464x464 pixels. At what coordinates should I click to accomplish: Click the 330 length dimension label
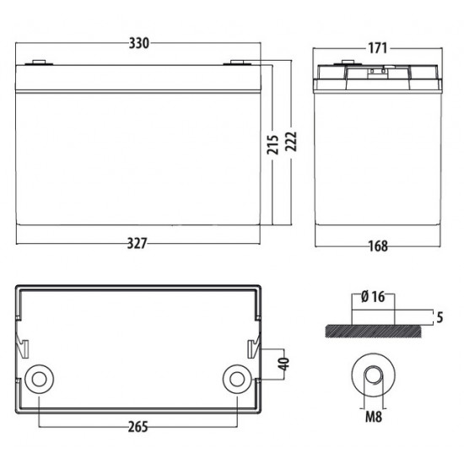(x=139, y=43)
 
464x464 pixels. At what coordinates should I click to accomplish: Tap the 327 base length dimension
(x=137, y=244)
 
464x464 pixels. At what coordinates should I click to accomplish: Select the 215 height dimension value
(x=273, y=144)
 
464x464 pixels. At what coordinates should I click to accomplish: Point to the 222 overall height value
(x=291, y=142)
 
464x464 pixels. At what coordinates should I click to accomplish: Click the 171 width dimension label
(x=377, y=48)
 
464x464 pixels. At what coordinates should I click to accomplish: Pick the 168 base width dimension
(x=378, y=245)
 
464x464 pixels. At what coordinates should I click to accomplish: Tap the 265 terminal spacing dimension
(x=138, y=427)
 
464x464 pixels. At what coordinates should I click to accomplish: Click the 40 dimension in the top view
(x=283, y=364)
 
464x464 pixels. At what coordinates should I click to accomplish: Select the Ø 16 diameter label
(x=373, y=297)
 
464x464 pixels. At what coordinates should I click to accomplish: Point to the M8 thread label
(x=374, y=417)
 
